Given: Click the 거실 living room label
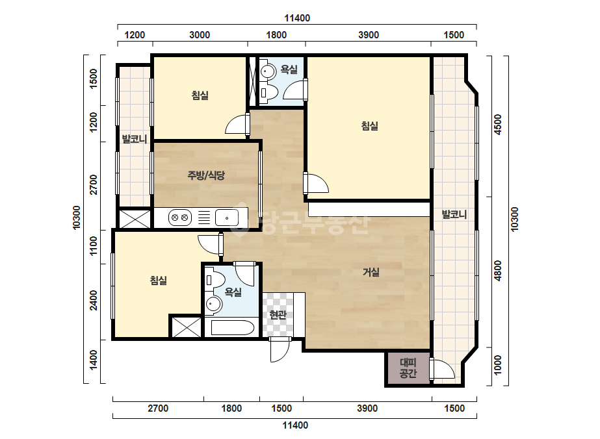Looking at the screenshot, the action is pyautogui.click(x=371, y=272).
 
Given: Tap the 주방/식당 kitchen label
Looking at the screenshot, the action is pyautogui.click(x=206, y=175).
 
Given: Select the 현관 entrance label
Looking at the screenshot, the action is pyautogui.click(x=278, y=315).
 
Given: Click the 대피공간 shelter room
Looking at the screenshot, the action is pyautogui.click(x=408, y=368).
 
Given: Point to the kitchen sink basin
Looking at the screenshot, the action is pyautogui.click(x=227, y=218).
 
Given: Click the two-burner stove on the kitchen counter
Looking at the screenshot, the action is pyautogui.click(x=180, y=218).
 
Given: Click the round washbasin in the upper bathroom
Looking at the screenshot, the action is pyautogui.click(x=268, y=71).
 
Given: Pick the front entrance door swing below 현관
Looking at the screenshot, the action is pyautogui.click(x=280, y=350).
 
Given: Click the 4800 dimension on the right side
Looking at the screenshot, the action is pyautogui.click(x=497, y=270).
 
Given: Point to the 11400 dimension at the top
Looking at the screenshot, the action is pyautogui.click(x=297, y=18).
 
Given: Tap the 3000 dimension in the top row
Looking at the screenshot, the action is pyautogui.click(x=200, y=35).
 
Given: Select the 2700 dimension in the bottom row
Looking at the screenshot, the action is pyautogui.click(x=158, y=408).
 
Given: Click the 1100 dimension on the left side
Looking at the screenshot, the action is pyautogui.click(x=94, y=246).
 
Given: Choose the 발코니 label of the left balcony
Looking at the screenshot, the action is pyautogui.click(x=135, y=139).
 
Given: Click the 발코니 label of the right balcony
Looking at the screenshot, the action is pyautogui.click(x=454, y=214).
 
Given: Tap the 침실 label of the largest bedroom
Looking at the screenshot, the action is pyautogui.click(x=370, y=126).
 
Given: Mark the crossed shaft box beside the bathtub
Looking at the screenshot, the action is pyautogui.click(x=186, y=327).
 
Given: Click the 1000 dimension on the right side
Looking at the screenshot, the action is pyautogui.click(x=497, y=365).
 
